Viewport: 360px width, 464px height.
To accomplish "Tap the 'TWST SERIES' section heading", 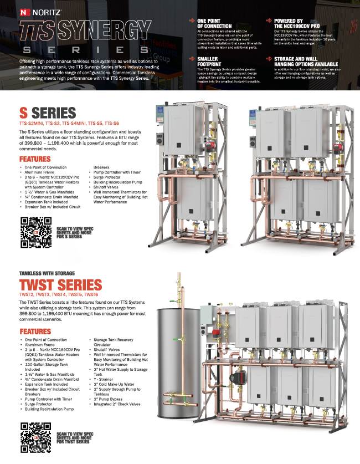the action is (61, 285).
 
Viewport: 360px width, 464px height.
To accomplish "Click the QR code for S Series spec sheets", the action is (35, 232).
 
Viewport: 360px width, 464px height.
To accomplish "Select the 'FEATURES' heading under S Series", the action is (34, 159).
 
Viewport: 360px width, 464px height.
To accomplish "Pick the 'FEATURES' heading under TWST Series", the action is (34, 332).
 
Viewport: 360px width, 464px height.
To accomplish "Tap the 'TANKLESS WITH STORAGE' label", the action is (47, 274).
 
